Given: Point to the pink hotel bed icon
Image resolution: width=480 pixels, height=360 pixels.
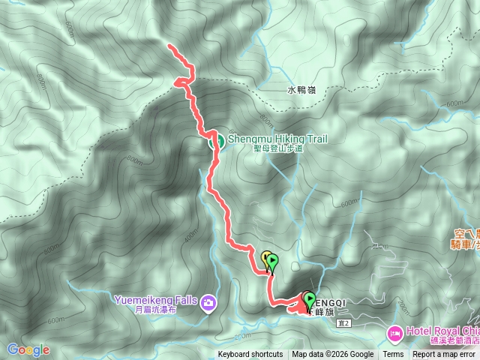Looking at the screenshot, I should tap(395, 331).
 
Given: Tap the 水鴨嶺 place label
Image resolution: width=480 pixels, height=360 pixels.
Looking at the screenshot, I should tap(301, 90).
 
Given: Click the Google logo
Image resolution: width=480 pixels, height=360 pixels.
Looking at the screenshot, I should tap(28, 349).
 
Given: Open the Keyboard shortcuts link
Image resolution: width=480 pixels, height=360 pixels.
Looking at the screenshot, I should tap(250, 355).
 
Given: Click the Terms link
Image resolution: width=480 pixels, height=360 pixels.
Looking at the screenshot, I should tap(393, 355).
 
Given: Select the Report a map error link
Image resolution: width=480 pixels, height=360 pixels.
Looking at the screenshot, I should tap(445, 355).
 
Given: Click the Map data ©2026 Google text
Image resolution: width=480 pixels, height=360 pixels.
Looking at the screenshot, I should tap(333, 355).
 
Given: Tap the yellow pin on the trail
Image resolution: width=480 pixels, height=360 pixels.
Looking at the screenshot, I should tap(265, 259).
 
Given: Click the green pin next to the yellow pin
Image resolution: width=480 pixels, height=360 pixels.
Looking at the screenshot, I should tap(273, 262).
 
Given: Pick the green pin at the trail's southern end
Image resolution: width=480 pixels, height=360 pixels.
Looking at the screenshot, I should tap(309, 299).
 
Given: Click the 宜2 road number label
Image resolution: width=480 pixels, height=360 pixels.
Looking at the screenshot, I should tap(345, 323).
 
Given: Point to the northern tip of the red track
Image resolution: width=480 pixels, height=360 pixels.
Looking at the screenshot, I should tap(169, 47).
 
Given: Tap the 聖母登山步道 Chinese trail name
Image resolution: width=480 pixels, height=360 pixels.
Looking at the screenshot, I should tap(277, 148).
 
